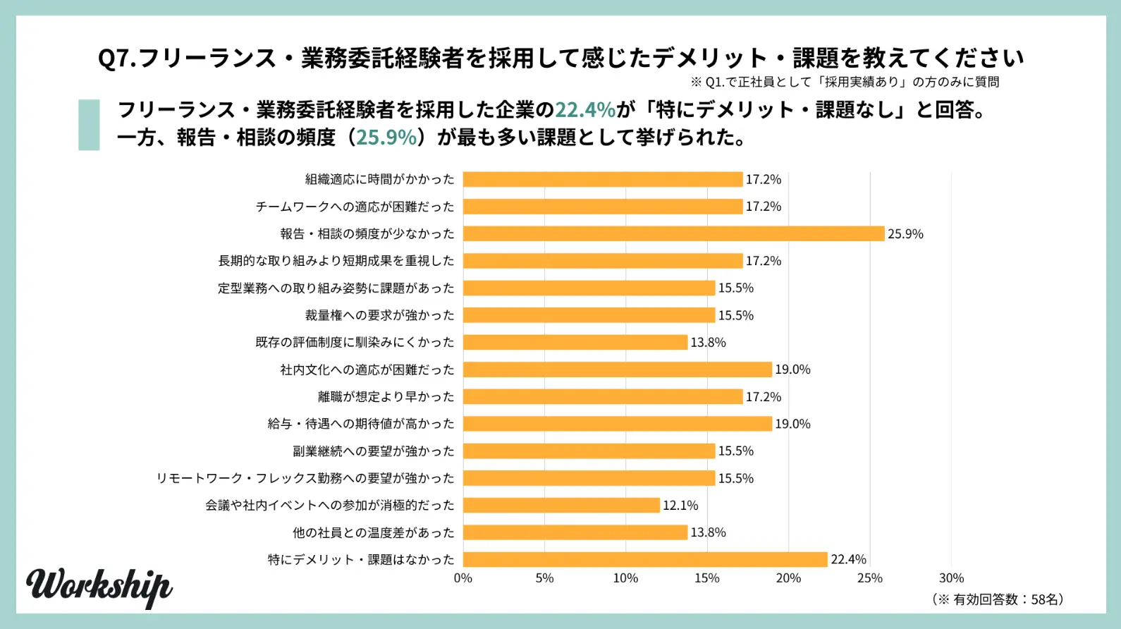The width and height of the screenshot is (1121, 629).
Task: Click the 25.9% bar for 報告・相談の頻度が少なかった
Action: (673, 233)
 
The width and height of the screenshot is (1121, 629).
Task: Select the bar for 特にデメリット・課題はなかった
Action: (645, 559)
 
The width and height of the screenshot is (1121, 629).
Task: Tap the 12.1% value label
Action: (680, 506)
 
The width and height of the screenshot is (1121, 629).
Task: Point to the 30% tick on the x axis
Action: (951, 578)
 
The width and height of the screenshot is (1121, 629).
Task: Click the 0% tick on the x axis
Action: (463, 578)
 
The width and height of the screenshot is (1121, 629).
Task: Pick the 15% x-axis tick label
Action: (707, 578)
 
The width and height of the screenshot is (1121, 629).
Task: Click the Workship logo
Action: (99, 587)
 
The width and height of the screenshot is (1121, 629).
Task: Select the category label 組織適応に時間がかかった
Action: (379, 179)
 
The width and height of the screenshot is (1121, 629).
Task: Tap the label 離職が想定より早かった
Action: (386, 396)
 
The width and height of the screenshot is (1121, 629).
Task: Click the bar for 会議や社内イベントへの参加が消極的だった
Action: (561, 505)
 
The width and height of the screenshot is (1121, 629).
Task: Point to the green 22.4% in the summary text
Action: (585, 110)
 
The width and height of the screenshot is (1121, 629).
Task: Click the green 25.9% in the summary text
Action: (386, 137)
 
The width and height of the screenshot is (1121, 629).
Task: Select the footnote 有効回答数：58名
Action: (998, 599)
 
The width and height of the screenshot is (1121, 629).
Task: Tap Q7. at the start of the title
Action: (117, 58)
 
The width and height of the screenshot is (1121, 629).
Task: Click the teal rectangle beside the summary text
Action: (89, 125)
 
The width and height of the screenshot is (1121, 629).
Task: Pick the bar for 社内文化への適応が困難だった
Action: (618, 370)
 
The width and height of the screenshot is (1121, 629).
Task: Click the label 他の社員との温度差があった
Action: (373, 532)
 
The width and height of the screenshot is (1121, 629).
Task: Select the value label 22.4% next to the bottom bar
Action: (848, 559)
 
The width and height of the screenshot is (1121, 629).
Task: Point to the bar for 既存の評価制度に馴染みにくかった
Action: (575, 342)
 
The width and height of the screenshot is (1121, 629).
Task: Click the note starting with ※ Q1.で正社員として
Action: (845, 82)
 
